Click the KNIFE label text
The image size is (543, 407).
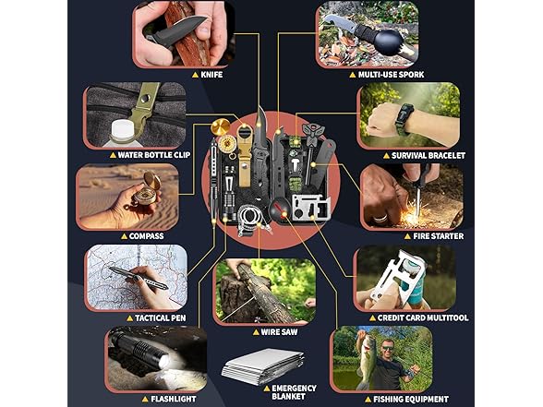pos(211,75)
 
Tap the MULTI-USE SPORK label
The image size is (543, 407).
pos(391,75)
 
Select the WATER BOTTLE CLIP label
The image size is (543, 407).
pos(154,155)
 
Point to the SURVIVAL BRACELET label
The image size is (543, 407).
pos(428,156)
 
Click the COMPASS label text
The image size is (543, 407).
pos(147,236)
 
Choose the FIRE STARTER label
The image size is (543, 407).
pos(439,236)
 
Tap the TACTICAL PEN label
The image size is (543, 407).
pos(161,318)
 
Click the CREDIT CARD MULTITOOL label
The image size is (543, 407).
pos(423,317)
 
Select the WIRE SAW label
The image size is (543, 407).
pos(279,332)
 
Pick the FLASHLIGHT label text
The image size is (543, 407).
pos(174,399)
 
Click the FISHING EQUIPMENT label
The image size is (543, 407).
pos(411,399)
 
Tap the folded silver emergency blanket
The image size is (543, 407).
pos(263,366)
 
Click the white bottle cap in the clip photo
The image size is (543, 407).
pos(122,131)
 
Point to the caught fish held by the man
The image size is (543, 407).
pos(367,361)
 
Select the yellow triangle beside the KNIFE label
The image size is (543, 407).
pos(196,75)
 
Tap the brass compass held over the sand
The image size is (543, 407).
pos(147,190)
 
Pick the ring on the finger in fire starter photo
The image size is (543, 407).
pos(380,218)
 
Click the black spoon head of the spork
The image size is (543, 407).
pos(386,42)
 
